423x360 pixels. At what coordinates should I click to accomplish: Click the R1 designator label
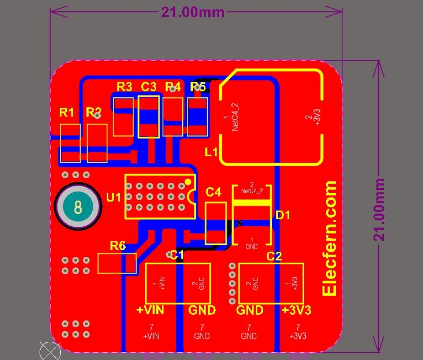pos(67,112)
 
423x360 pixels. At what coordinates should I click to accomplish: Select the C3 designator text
pos(148,86)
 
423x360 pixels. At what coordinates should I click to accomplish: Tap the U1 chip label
pos(113,197)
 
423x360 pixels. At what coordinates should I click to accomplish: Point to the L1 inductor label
pos(211,153)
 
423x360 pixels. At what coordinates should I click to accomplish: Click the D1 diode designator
pos(283,215)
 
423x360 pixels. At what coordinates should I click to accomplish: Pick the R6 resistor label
pos(118,246)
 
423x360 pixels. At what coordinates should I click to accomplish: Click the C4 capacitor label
pos(213,192)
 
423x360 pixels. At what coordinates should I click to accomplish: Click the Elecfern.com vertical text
pos(330,238)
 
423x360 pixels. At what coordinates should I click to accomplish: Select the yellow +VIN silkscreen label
pos(150,310)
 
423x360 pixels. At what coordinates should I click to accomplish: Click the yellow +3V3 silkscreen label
pos(296,310)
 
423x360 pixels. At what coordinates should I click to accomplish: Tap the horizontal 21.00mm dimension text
pos(193,12)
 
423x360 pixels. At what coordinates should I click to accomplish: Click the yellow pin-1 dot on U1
pos(188,182)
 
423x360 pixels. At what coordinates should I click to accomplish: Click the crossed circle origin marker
pos(50,351)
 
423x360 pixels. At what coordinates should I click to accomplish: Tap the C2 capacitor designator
pos(274,256)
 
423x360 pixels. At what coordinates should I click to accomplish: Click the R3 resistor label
pos(124,86)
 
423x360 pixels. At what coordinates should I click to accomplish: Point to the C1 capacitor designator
pos(177,255)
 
